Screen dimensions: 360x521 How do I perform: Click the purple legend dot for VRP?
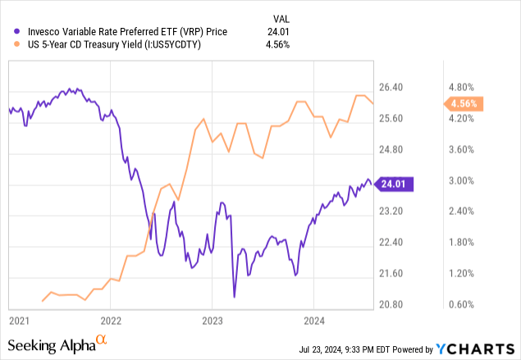pyautogui.click(x=8, y=32)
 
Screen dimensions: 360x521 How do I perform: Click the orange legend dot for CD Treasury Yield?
pyautogui.click(x=8, y=46)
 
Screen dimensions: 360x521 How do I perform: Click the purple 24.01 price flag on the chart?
pyautogui.click(x=395, y=185)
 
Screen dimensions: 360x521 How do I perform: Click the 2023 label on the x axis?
pyautogui.click(x=213, y=318)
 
